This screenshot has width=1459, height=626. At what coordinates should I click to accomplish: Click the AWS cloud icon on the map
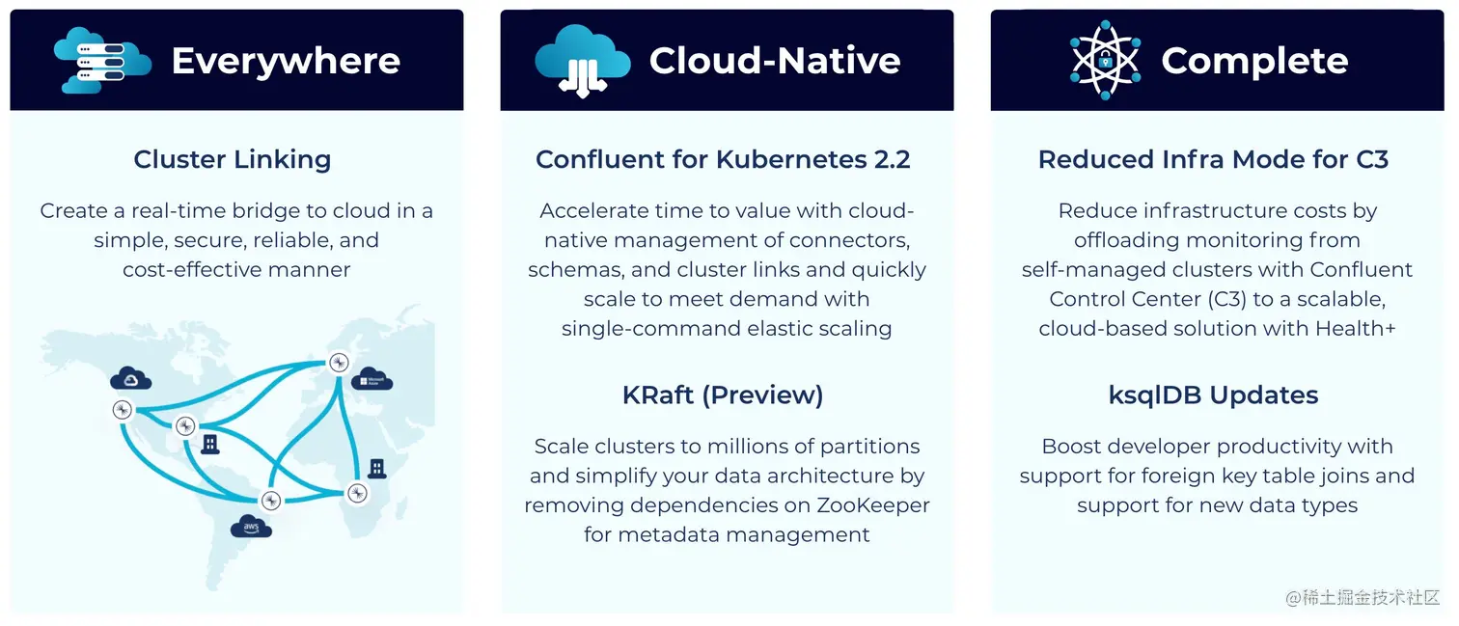click(252, 526)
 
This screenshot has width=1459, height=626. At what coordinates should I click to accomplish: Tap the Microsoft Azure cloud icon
click(372, 379)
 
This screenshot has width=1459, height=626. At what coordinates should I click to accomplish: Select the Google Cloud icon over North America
click(130, 378)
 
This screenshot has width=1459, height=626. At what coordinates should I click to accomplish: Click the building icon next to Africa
click(377, 468)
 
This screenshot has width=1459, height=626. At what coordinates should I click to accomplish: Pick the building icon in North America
click(209, 444)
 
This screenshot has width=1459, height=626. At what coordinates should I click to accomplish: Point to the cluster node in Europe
click(338, 363)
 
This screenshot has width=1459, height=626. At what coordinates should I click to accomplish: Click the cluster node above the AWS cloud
click(271, 500)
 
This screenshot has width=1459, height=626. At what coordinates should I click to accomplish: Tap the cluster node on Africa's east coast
click(357, 493)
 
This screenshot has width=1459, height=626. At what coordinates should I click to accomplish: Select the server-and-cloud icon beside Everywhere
click(102, 60)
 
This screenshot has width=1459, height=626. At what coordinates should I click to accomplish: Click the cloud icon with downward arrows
click(582, 61)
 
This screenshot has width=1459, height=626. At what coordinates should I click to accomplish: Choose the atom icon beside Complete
click(1105, 61)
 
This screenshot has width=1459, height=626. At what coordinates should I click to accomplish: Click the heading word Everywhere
click(286, 61)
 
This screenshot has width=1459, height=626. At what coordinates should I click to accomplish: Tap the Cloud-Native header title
click(775, 61)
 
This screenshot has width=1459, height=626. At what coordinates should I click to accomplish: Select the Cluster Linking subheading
click(233, 159)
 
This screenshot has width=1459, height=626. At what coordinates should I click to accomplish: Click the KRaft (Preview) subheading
click(723, 395)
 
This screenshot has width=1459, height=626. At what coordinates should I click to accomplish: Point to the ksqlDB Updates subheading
click(1213, 395)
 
